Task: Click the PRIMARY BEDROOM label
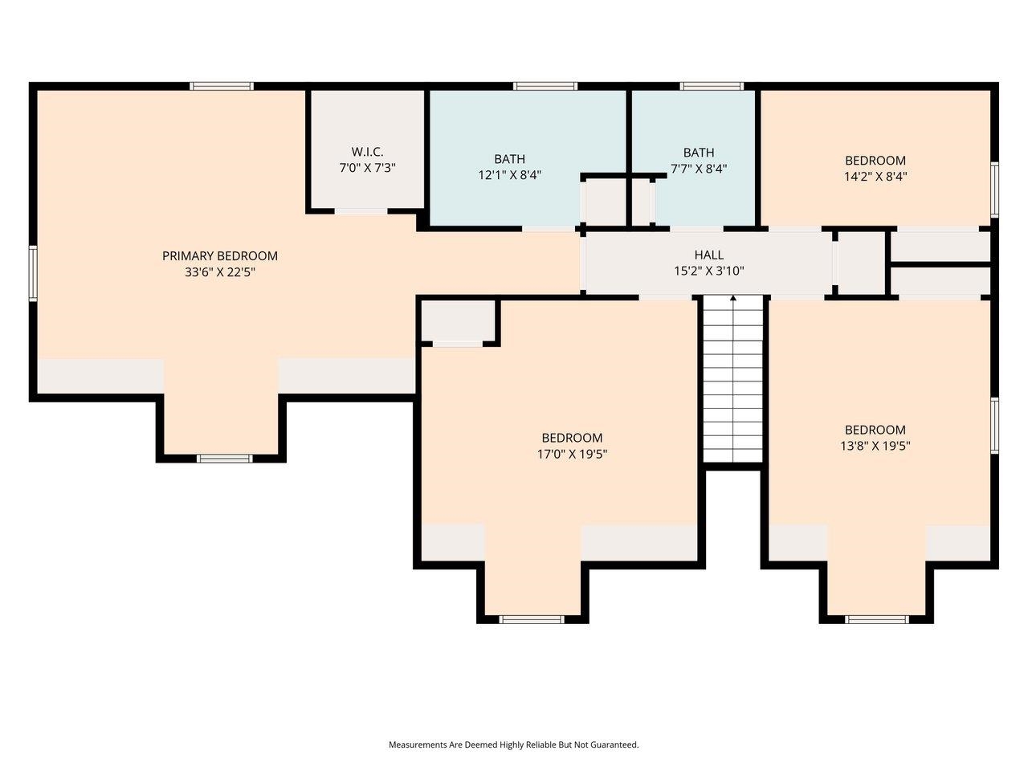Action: point(219,256)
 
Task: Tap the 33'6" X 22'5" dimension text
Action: point(219,272)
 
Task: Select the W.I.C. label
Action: point(367,152)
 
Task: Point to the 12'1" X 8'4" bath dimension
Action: point(509,175)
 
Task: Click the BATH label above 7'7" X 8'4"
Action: point(698,153)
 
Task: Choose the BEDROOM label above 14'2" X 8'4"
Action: point(875,161)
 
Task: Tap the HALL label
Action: point(708,255)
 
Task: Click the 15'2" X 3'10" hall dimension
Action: point(708,271)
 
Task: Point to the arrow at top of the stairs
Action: point(732,300)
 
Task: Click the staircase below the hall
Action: point(732,385)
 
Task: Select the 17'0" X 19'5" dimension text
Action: point(572,454)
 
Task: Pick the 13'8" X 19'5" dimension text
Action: point(875,446)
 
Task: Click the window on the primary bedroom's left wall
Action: point(34,273)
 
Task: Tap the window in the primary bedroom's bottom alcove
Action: point(224,459)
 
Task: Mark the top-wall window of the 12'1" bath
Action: point(545,86)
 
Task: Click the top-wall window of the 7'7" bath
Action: point(712,86)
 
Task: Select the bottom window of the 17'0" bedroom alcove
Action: point(532,619)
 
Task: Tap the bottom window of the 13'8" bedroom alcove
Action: point(877,619)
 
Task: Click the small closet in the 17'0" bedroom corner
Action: point(458,320)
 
